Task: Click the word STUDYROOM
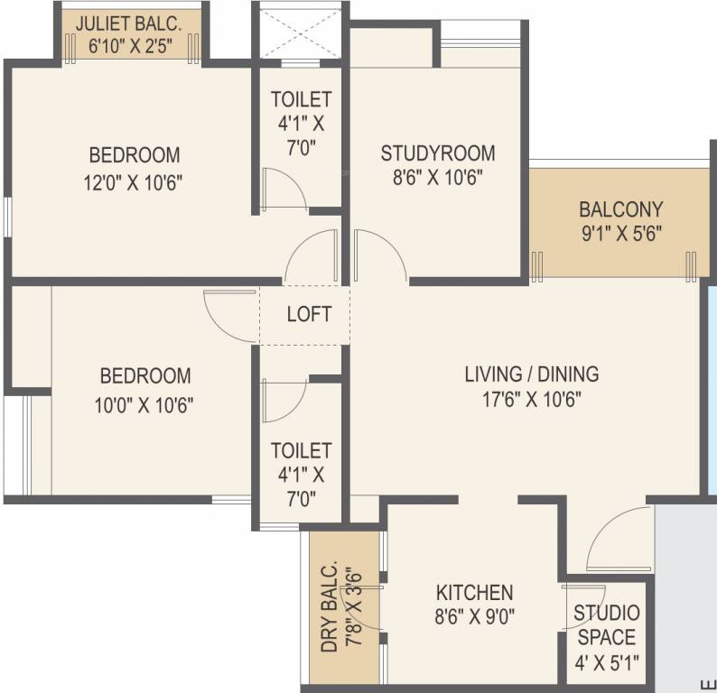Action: point(437,152)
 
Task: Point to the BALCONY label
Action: point(620,209)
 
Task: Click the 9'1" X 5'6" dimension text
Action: point(620,233)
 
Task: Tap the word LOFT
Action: point(309,315)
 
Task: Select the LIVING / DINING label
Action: point(531,374)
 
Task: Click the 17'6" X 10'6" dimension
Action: point(531,398)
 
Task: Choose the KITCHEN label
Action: point(474,593)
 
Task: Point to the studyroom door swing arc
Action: point(379,254)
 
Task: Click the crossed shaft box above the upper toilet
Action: point(300,32)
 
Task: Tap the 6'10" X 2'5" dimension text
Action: point(129,44)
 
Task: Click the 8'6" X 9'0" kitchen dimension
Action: point(474,617)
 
